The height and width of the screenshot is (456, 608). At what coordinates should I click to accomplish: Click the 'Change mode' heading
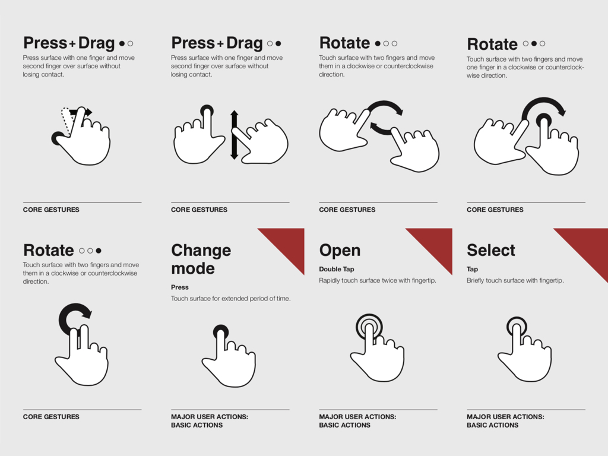tap(201, 259)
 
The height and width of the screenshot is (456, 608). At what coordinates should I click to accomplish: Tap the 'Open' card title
tap(340, 251)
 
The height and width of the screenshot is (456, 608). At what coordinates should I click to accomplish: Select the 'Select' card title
tap(491, 250)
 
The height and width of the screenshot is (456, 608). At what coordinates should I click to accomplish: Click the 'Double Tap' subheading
tap(337, 269)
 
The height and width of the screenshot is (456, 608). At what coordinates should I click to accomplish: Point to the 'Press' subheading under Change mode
tap(179, 287)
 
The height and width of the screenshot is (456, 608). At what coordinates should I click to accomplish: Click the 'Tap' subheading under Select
tap(472, 269)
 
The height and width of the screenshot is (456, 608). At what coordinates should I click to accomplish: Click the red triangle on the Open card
tap(436, 244)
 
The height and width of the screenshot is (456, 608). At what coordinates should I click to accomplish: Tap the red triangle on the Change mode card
tap(289, 244)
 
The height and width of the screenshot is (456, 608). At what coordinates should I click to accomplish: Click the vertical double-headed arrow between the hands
tap(234, 135)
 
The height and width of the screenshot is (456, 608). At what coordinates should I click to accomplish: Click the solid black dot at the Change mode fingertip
tap(221, 331)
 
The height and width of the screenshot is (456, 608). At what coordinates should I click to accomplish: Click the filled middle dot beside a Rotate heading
tap(534, 43)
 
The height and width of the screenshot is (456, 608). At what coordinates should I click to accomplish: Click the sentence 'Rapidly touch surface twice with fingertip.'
tap(377, 280)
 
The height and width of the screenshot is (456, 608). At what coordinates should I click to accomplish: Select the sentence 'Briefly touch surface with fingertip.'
tap(515, 280)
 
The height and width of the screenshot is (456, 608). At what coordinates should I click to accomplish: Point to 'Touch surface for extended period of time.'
tap(231, 299)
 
